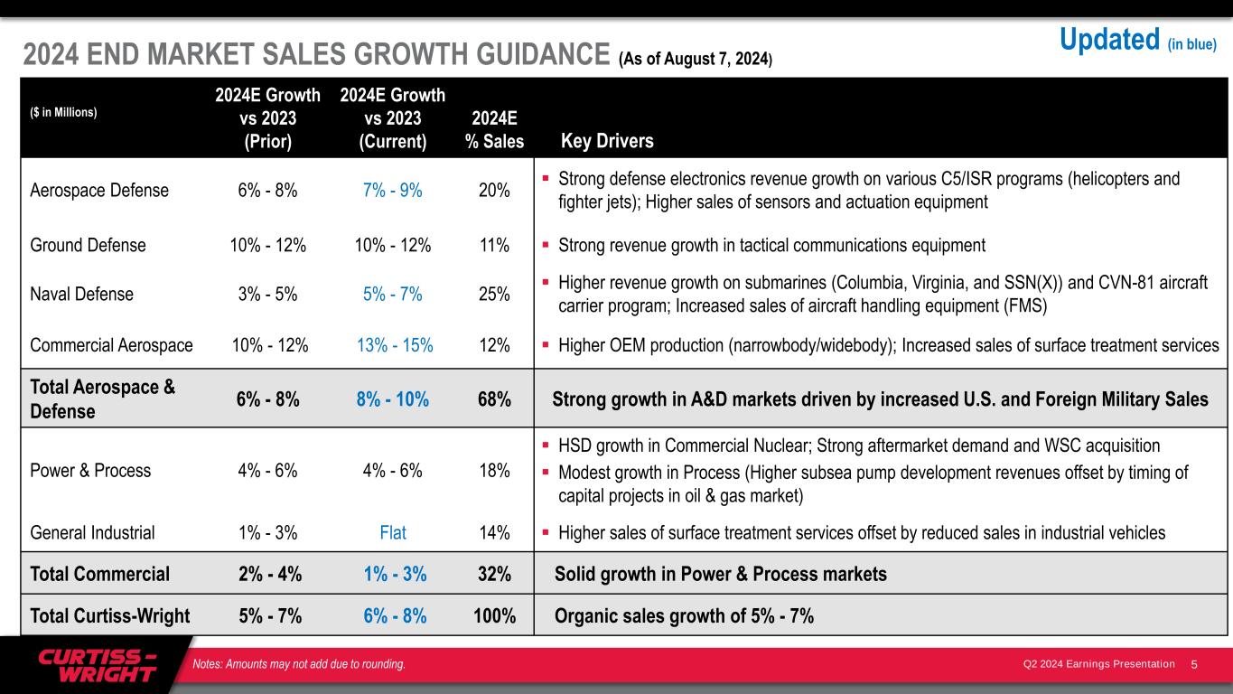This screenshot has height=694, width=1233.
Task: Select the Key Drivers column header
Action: (x=607, y=141)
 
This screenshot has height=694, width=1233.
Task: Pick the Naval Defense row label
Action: (x=81, y=294)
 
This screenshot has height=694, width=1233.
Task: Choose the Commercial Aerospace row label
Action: (x=111, y=345)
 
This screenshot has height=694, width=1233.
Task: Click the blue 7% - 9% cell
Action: (x=393, y=191)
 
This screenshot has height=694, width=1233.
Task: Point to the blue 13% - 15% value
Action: (x=393, y=345)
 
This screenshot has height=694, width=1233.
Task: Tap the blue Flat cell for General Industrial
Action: (x=393, y=532)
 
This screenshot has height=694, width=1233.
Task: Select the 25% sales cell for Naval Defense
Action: (x=495, y=294)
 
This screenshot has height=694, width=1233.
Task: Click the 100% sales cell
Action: (x=495, y=616)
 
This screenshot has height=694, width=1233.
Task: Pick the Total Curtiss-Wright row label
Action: (x=109, y=616)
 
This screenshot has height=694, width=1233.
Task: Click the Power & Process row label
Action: (x=90, y=470)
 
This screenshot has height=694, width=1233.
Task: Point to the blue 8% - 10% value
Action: (x=393, y=399)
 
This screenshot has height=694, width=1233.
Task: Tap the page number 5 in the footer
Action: (x=1194, y=665)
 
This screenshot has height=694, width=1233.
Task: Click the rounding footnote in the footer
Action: (x=299, y=665)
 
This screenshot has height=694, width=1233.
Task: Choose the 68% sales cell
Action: (x=495, y=399)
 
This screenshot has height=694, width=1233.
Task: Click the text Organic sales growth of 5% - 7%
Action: (x=684, y=616)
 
